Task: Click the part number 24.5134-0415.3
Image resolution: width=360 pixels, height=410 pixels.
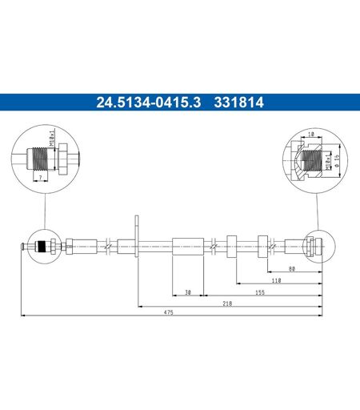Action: point(148,102)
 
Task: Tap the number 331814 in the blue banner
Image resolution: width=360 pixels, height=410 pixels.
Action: point(238,102)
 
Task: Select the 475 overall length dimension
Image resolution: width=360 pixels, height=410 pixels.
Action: point(169,312)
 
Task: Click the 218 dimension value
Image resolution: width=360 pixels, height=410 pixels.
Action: point(227,303)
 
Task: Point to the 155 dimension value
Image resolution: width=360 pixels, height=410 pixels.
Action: point(260,292)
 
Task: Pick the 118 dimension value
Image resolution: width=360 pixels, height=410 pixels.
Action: point(277,280)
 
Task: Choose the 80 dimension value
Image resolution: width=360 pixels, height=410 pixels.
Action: point(292,269)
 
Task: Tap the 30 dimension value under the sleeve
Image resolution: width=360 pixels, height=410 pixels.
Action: point(188,292)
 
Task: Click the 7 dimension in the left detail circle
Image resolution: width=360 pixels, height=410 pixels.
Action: point(41,177)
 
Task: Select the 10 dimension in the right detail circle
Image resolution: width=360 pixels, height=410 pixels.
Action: point(311,134)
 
